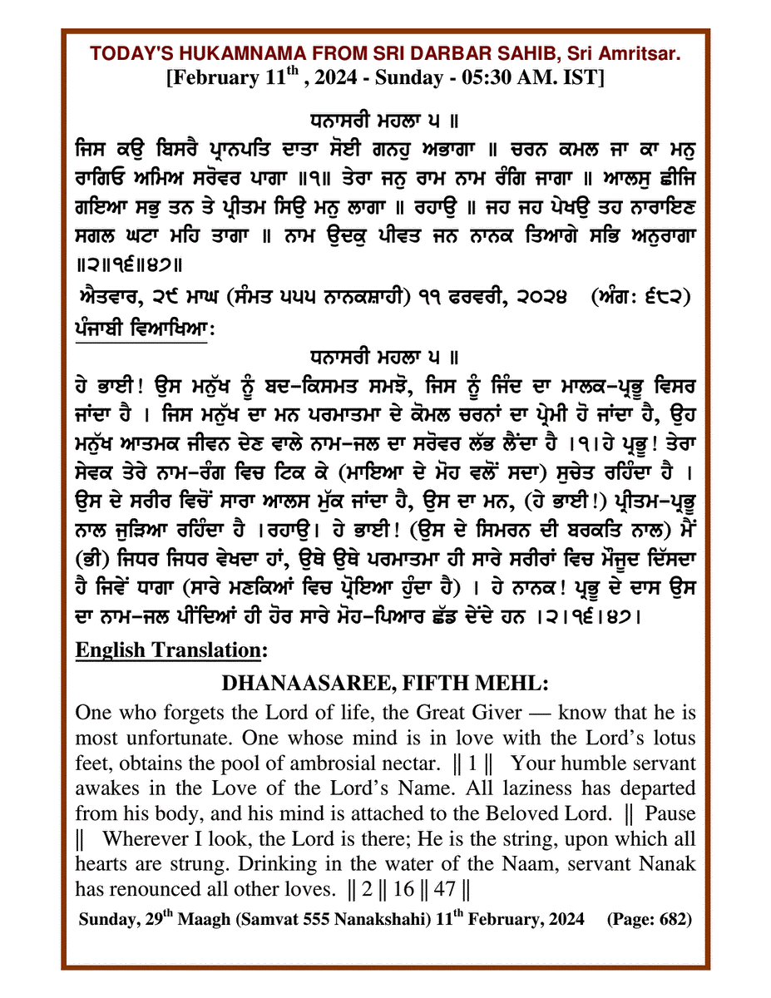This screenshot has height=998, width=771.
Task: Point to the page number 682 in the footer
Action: tap(667, 921)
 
